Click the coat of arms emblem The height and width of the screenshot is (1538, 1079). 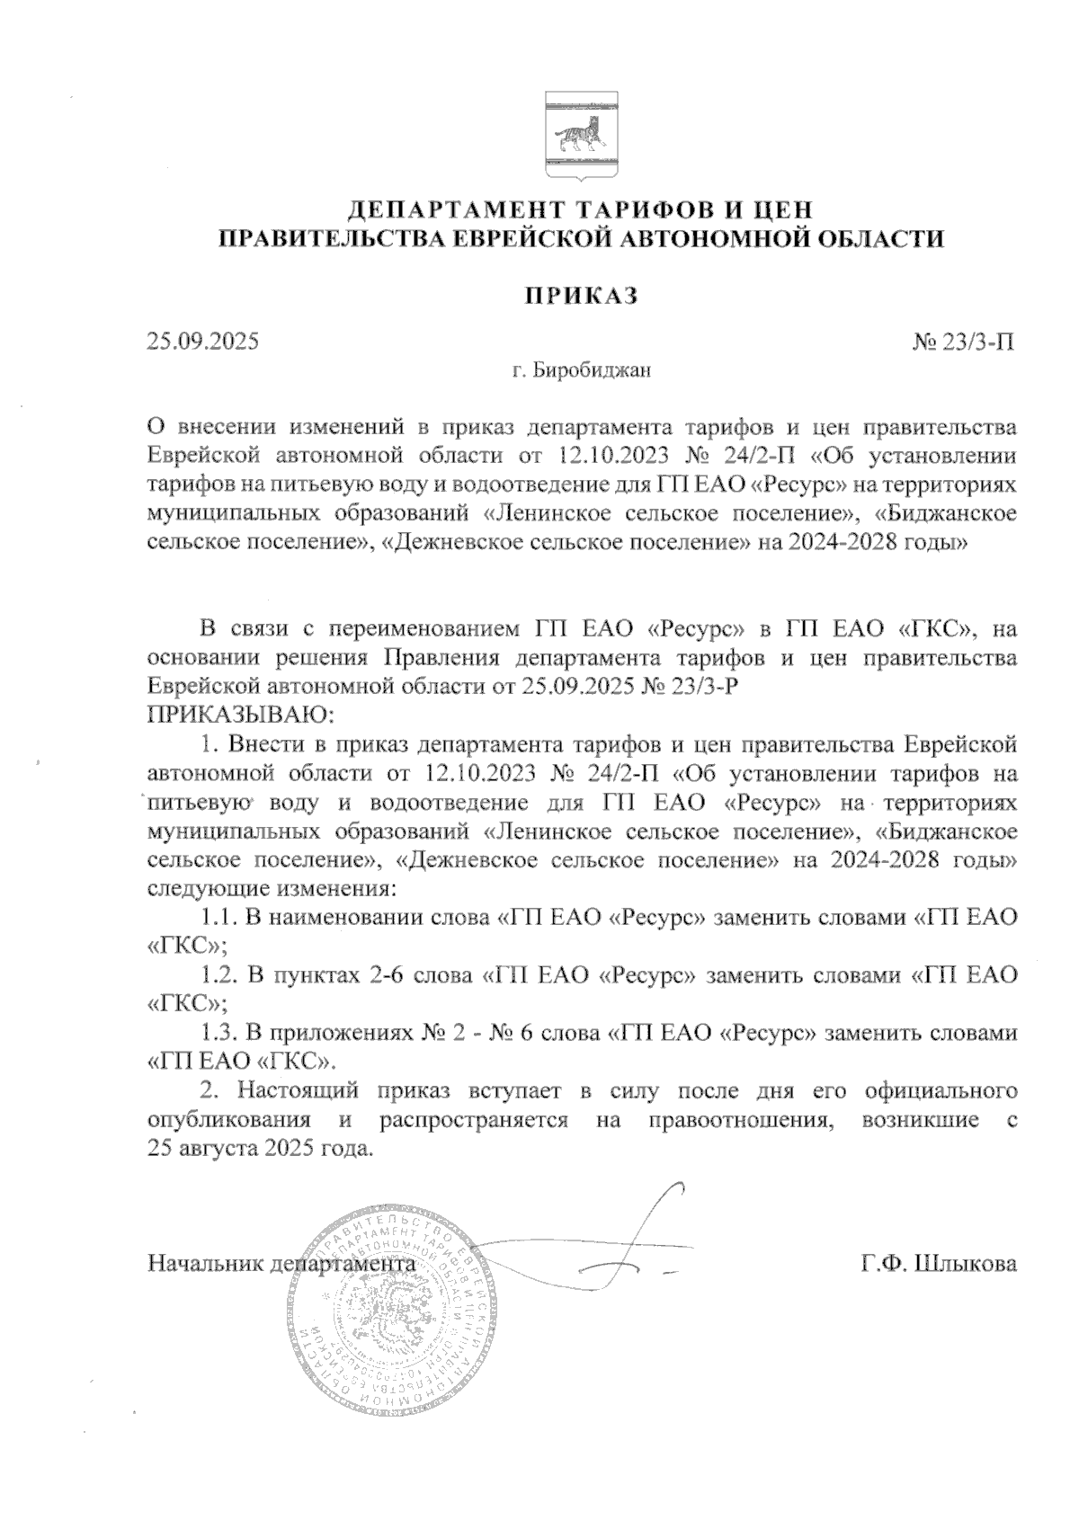click(580, 134)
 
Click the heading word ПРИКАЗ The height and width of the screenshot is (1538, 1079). click(582, 297)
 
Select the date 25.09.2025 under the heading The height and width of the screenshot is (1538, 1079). click(202, 342)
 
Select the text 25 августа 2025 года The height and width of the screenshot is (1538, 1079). click(258, 1149)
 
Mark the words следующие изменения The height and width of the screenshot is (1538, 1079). click(270, 889)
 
